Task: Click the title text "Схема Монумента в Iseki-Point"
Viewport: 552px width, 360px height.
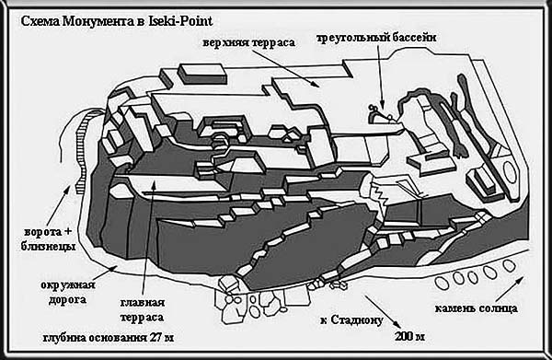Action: pyautogui.click(x=117, y=21)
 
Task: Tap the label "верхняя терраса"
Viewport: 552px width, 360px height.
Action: pyautogui.click(x=249, y=43)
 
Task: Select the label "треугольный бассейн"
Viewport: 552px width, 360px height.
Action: pyautogui.click(x=376, y=38)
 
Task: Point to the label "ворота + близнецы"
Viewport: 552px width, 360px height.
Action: pyautogui.click(x=48, y=239)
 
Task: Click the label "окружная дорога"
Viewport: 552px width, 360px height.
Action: pyautogui.click(x=67, y=293)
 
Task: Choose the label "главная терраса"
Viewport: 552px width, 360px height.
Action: pyautogui.click(x=143, y=310)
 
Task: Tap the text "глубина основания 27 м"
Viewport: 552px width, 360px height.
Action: pyautogui.click(x=109, y=338)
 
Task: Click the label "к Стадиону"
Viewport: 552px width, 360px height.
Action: pyautogui.click(x=351, y=320)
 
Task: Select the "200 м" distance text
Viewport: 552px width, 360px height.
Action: pyautogui.click(x=409, y=336)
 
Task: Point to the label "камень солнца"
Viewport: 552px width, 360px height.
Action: pyautogui.click(x=476, y=309)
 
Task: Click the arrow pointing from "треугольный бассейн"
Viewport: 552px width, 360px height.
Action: pyautogui.click(x=380, y=77)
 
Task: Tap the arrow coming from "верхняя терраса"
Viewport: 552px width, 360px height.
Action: pyautogui.click(x=286, y=68)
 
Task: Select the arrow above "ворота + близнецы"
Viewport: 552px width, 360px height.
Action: pyautogui.click(x=58, y=206)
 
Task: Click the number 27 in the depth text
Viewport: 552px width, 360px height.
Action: pyautogui.click(x=155, y=338)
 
